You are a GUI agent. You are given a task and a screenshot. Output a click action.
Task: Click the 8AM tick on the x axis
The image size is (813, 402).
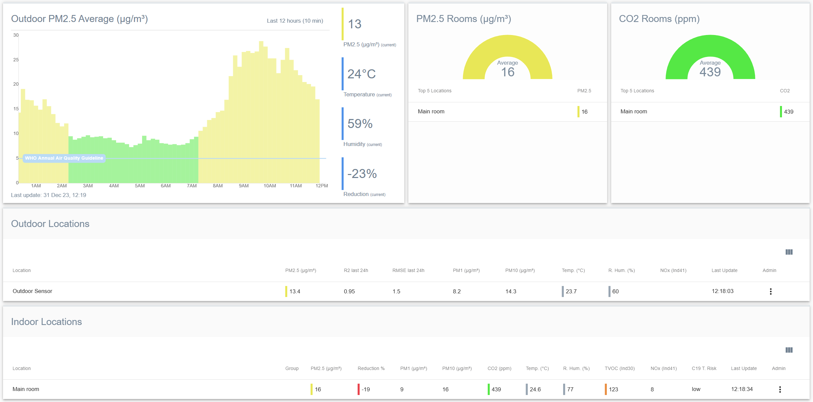coord(218,186)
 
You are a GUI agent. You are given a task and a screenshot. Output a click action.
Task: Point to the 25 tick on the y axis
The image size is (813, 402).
coord(16,60)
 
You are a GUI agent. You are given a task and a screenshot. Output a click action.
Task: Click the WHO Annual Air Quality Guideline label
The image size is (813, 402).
coord(64,158)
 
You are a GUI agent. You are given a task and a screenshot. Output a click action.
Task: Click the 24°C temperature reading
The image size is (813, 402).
coord(361,74)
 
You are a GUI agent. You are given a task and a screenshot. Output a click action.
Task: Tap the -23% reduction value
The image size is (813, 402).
coord(362,174)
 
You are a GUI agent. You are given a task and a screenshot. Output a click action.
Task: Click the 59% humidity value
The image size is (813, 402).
coord(360,124)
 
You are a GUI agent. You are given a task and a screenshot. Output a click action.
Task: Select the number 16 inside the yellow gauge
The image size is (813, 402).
coord(507,72)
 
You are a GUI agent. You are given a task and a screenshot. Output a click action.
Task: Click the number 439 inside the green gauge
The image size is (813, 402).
coord(710,72)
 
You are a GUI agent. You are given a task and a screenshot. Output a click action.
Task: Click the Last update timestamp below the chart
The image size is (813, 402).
coord(49,195)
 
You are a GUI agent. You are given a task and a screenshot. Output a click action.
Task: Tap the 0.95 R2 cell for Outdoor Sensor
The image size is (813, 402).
coord(349,291)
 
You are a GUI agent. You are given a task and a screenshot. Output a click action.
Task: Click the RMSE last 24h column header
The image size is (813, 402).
coord(408,270)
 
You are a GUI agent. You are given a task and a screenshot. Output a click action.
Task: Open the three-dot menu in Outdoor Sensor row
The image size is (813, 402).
coord(771,291)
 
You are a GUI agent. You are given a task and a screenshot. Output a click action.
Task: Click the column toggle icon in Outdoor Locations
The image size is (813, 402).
coord(789,252)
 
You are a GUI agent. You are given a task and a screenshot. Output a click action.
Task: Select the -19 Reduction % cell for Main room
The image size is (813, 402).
coord(366,389)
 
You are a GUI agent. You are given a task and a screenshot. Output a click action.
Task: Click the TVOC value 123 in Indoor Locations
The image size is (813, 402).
coord(613,389)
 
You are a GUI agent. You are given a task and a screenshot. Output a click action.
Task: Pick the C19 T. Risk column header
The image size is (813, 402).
coord(704,368)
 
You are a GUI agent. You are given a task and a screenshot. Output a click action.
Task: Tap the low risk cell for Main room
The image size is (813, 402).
coord(696,389)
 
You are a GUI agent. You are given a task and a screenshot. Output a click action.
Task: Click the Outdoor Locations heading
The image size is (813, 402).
coord(50,224)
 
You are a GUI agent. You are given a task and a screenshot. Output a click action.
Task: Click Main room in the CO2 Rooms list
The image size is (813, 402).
coord(634,111)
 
